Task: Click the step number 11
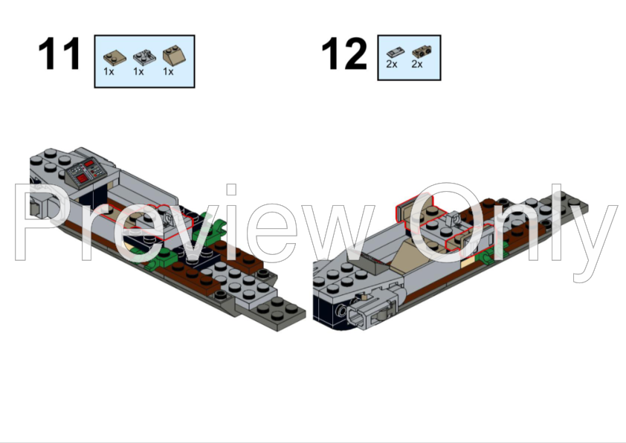click(x=59, y=55)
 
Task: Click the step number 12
click(x=343, y=55)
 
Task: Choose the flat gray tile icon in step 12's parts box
click(x=393, y=52)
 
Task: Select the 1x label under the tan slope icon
click(x=168, y=72)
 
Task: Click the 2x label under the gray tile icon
click(x=392, y=65)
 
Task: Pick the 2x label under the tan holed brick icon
click(x=417, y=65)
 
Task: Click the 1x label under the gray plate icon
click(x=138, y=72)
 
